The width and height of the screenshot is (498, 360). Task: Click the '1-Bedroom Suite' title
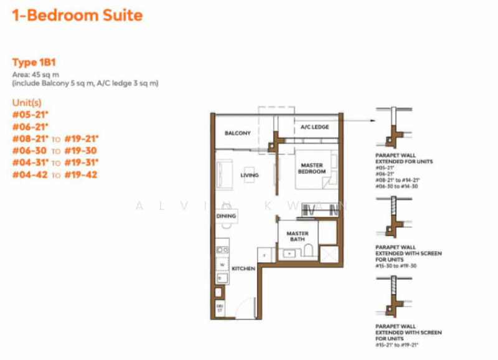pos(78,15)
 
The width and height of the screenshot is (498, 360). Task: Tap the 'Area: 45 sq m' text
pos(35,74)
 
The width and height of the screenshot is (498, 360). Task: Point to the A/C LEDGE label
pos(314,128)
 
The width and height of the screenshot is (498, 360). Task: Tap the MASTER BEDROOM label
pos(311,168)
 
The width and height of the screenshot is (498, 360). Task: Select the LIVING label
pos(249,176)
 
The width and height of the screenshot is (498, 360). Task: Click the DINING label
pos(225,216)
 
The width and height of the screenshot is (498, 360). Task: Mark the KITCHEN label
pos(243,268)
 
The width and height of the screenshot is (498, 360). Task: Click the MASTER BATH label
pos(298,237)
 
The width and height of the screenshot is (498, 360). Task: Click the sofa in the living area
pos(224,171)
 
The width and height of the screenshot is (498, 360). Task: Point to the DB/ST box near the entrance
pos(220,308)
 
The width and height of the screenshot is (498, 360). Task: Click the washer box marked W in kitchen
pos(220,264)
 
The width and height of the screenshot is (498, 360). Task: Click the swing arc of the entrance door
pos(247,308)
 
